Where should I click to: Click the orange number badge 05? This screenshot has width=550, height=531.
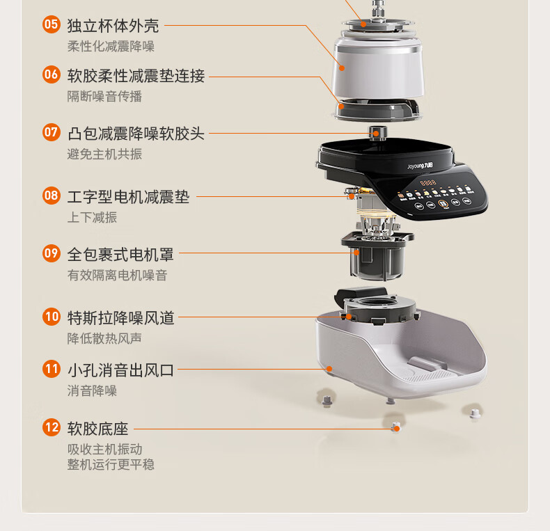point(52,25)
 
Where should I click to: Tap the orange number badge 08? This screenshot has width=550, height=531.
point(52,196)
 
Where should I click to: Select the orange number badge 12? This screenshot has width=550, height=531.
point(52,427)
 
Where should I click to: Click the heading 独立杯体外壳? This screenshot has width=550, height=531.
point(113,26)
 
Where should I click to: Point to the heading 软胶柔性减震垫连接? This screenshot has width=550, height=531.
point(136,75)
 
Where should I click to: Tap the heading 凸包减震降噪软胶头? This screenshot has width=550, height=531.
point(136,133)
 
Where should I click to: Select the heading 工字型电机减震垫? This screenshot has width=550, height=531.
point(128,197)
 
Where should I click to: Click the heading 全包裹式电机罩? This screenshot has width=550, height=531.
point(120,254)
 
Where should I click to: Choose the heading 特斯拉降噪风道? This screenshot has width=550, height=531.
point(120,318)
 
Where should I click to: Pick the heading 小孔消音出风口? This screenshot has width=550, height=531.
point(120,370)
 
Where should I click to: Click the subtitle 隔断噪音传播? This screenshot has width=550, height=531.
point(104,96)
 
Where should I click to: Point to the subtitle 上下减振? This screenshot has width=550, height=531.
point(92,217)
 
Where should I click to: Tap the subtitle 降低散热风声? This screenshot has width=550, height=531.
point(104,338)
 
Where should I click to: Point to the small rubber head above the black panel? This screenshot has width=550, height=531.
point(378,132)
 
